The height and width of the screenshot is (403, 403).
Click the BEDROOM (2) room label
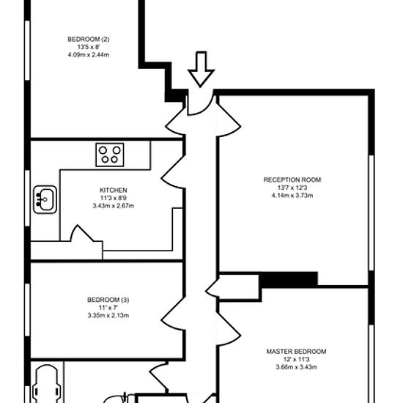click(89, 40)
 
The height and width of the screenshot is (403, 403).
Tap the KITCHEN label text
click(114, 191)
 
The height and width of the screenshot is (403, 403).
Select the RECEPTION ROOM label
click(292, 180)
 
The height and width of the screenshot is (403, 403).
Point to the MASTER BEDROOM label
click(296, 351)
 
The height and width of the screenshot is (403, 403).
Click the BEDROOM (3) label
click(108, 300)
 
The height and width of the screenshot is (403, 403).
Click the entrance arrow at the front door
click(201, 70)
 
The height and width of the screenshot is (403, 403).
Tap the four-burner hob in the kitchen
click(110, 155)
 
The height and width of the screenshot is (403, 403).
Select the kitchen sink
click(45, 199)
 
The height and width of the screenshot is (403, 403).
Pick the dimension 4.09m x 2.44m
click(89, 55)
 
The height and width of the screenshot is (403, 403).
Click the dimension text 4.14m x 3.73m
click(292, 196)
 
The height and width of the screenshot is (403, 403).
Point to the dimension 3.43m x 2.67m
click(114, 206)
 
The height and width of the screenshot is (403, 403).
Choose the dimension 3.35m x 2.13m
click(108, 315)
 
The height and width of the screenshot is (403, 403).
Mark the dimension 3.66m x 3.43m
click(296, 367)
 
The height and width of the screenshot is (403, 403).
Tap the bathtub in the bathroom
click(47, 384)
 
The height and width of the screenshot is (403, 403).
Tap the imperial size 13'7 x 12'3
click(292, 188)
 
